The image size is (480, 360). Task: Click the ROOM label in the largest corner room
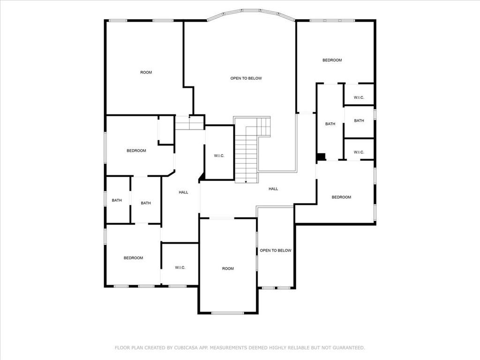click(x=146, y=72)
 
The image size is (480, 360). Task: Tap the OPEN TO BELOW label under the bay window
click(x=246, y=78)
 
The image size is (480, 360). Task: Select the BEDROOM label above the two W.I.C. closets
click(x=332, y=60)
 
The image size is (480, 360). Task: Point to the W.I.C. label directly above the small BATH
click(x=359, y=97)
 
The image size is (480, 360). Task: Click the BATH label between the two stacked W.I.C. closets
click(x=359, y=121)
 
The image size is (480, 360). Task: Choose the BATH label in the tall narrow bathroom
click(x=330, y=124)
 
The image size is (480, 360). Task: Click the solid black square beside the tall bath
click(x=322, y=157)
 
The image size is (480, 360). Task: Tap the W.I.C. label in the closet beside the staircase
click(x=219, y=156)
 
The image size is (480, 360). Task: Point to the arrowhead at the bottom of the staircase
click(x=246, y=181)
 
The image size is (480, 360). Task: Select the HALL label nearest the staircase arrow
click(x=273, y=189)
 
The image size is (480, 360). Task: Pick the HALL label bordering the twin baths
click(x=183, y=192)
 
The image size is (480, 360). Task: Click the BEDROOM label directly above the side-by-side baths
click(x=136, y=151)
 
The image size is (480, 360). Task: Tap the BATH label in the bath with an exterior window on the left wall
click(x=117, y=201)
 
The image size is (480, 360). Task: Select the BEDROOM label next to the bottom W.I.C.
click(x=134, y=258)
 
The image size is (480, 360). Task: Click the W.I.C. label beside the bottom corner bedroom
click(x=180, y=268)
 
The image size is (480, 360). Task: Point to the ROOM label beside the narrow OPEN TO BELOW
click(x=228, y=269)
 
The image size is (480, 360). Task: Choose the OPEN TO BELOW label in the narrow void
click(x=276, y=250)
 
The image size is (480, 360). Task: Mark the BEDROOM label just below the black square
click(x=341, y=197)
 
